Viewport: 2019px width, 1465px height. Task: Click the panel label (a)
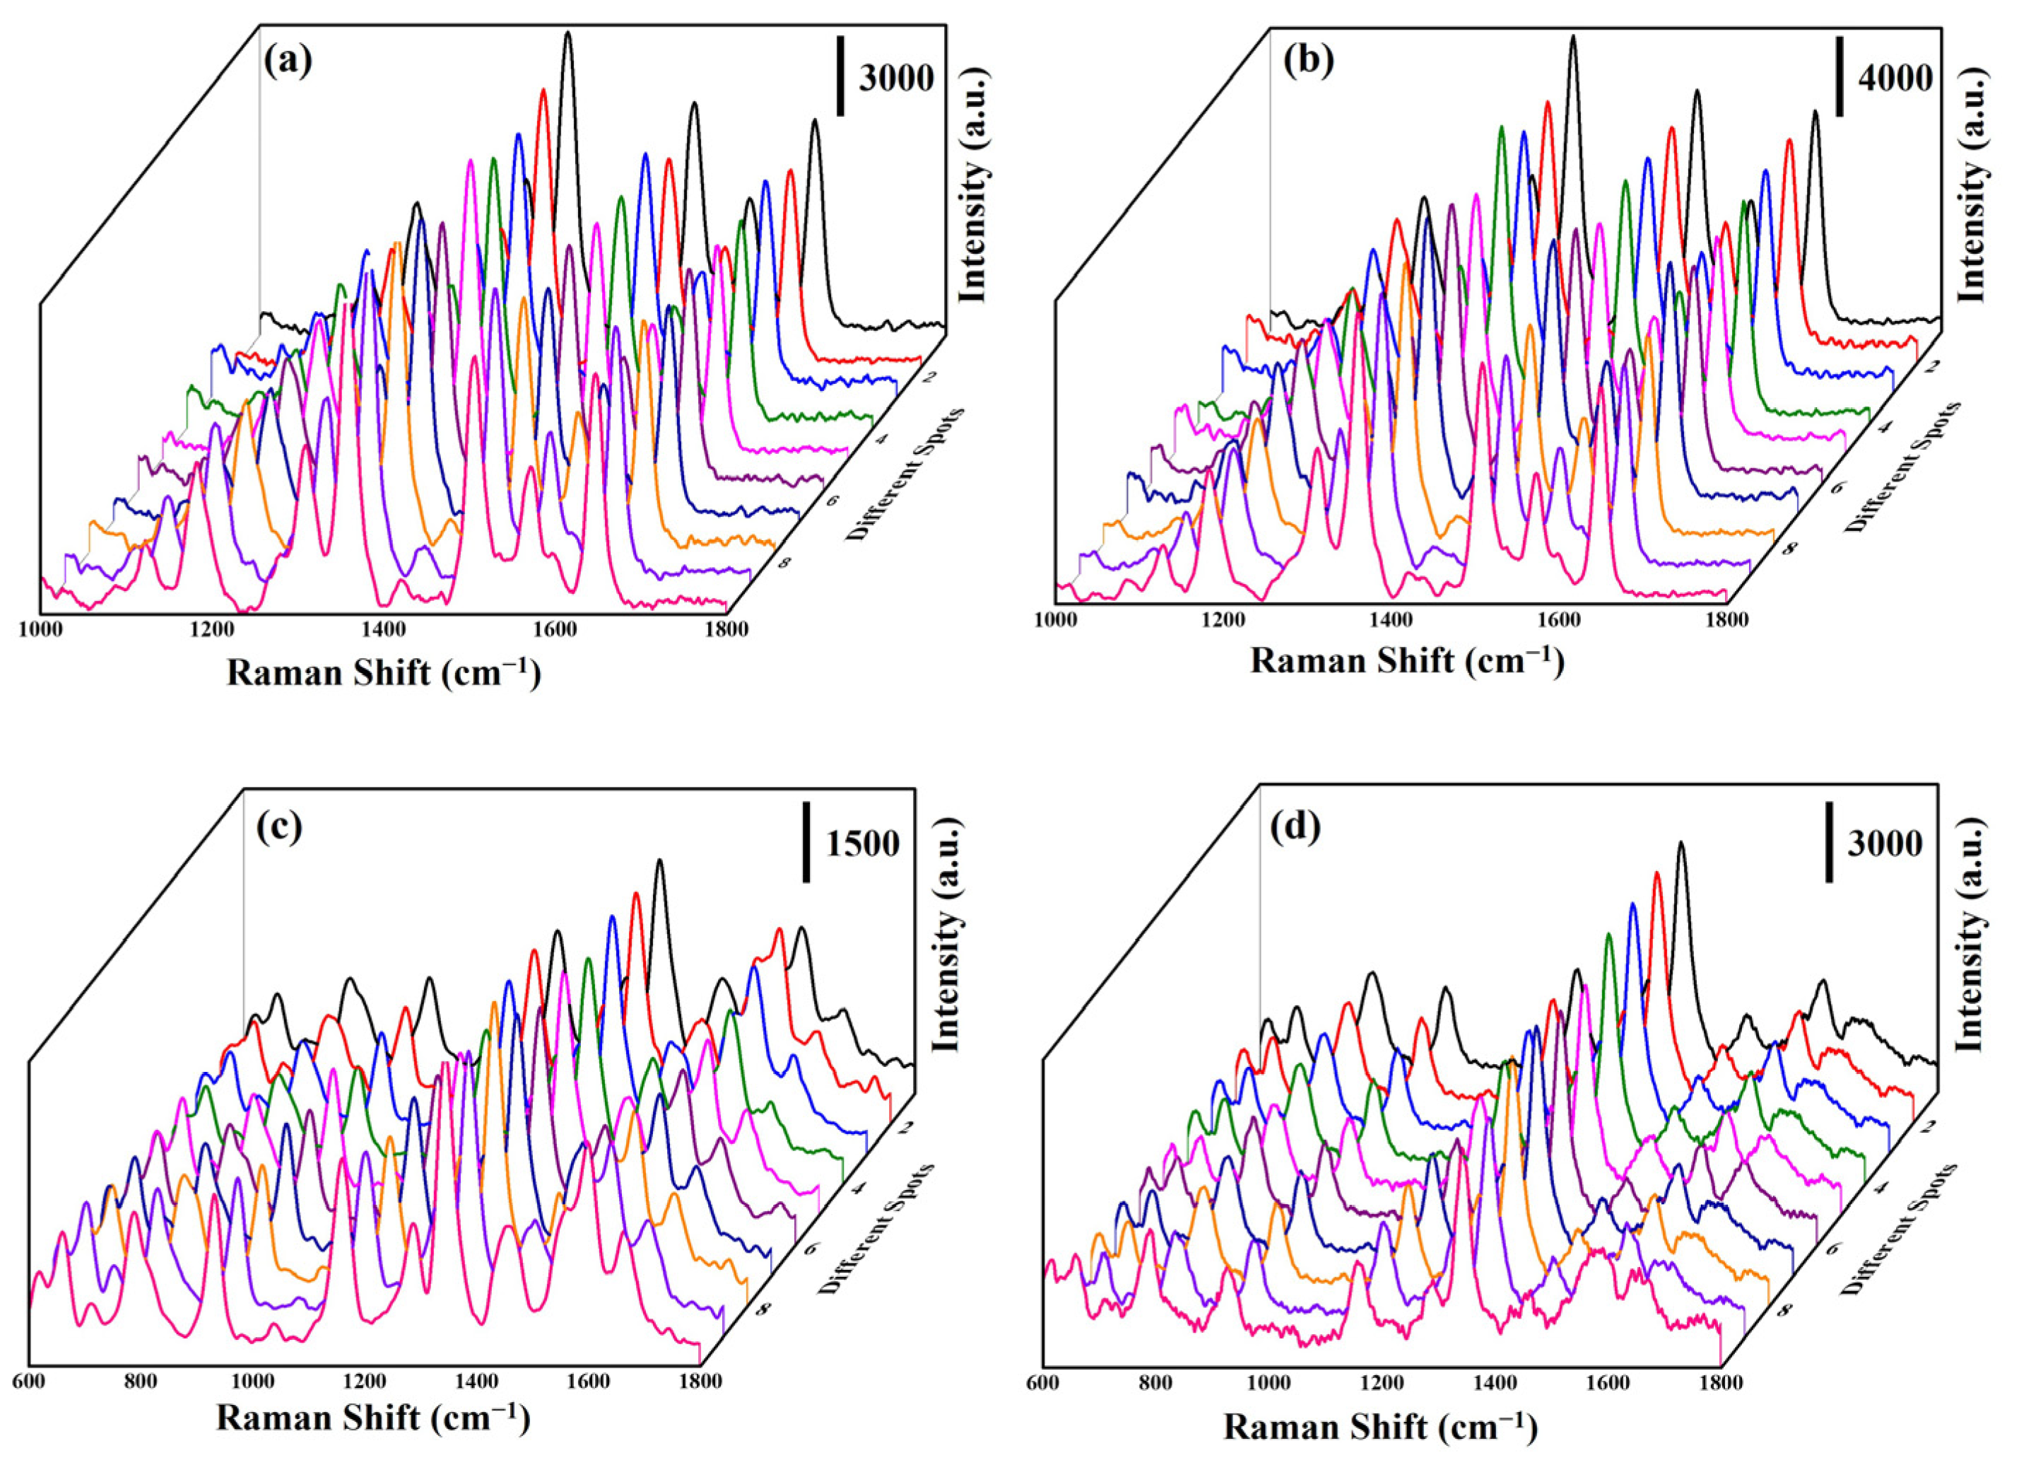(x=288, y=62)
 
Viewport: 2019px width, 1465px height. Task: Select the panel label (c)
(x=278, y=827)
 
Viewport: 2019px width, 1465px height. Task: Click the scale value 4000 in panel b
(x=1895, y=79)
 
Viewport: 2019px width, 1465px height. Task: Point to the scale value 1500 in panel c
(x=861, y=843)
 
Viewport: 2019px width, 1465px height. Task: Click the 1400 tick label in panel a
(x=381, y=629)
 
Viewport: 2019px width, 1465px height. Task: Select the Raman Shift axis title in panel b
(x=1406, y=662)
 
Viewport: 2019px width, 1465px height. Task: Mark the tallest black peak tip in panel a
(x=568, y=33)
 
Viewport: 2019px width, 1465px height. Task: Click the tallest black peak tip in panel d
(x=1680, y=843)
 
